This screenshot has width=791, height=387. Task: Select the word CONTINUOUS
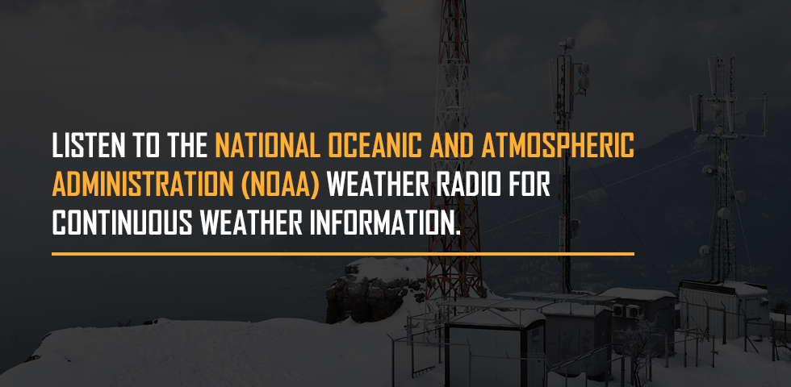(x=123, y=223)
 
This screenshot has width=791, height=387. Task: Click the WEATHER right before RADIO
(x=379, y=185)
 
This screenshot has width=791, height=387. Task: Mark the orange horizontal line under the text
(x=343, y=253)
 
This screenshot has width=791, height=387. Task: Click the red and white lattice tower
(x=454, y=152)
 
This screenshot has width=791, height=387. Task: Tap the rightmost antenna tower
(x=725, y=166)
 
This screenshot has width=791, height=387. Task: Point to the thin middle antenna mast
(x=566, y=166)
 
